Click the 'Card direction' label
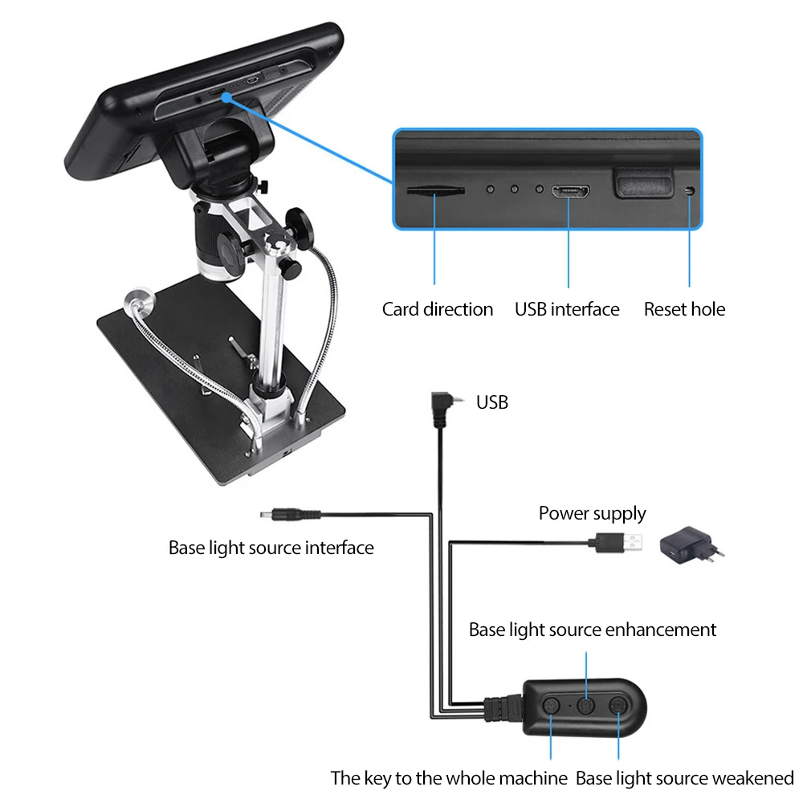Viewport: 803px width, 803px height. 438,309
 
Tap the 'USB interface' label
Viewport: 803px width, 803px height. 567,309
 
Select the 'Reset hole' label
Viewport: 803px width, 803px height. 684,309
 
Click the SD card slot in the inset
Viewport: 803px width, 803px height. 435,190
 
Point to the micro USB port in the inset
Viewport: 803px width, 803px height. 570,191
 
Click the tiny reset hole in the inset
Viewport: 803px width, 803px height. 690,190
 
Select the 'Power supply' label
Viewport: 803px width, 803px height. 592,514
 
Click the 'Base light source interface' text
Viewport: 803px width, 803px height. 271,548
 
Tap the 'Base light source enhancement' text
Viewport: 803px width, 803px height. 593,630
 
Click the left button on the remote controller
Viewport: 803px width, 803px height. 552,705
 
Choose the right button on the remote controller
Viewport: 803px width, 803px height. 618,705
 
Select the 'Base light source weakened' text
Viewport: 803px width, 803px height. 685,777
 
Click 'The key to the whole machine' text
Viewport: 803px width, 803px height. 449,777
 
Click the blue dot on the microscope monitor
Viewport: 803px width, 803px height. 227,97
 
